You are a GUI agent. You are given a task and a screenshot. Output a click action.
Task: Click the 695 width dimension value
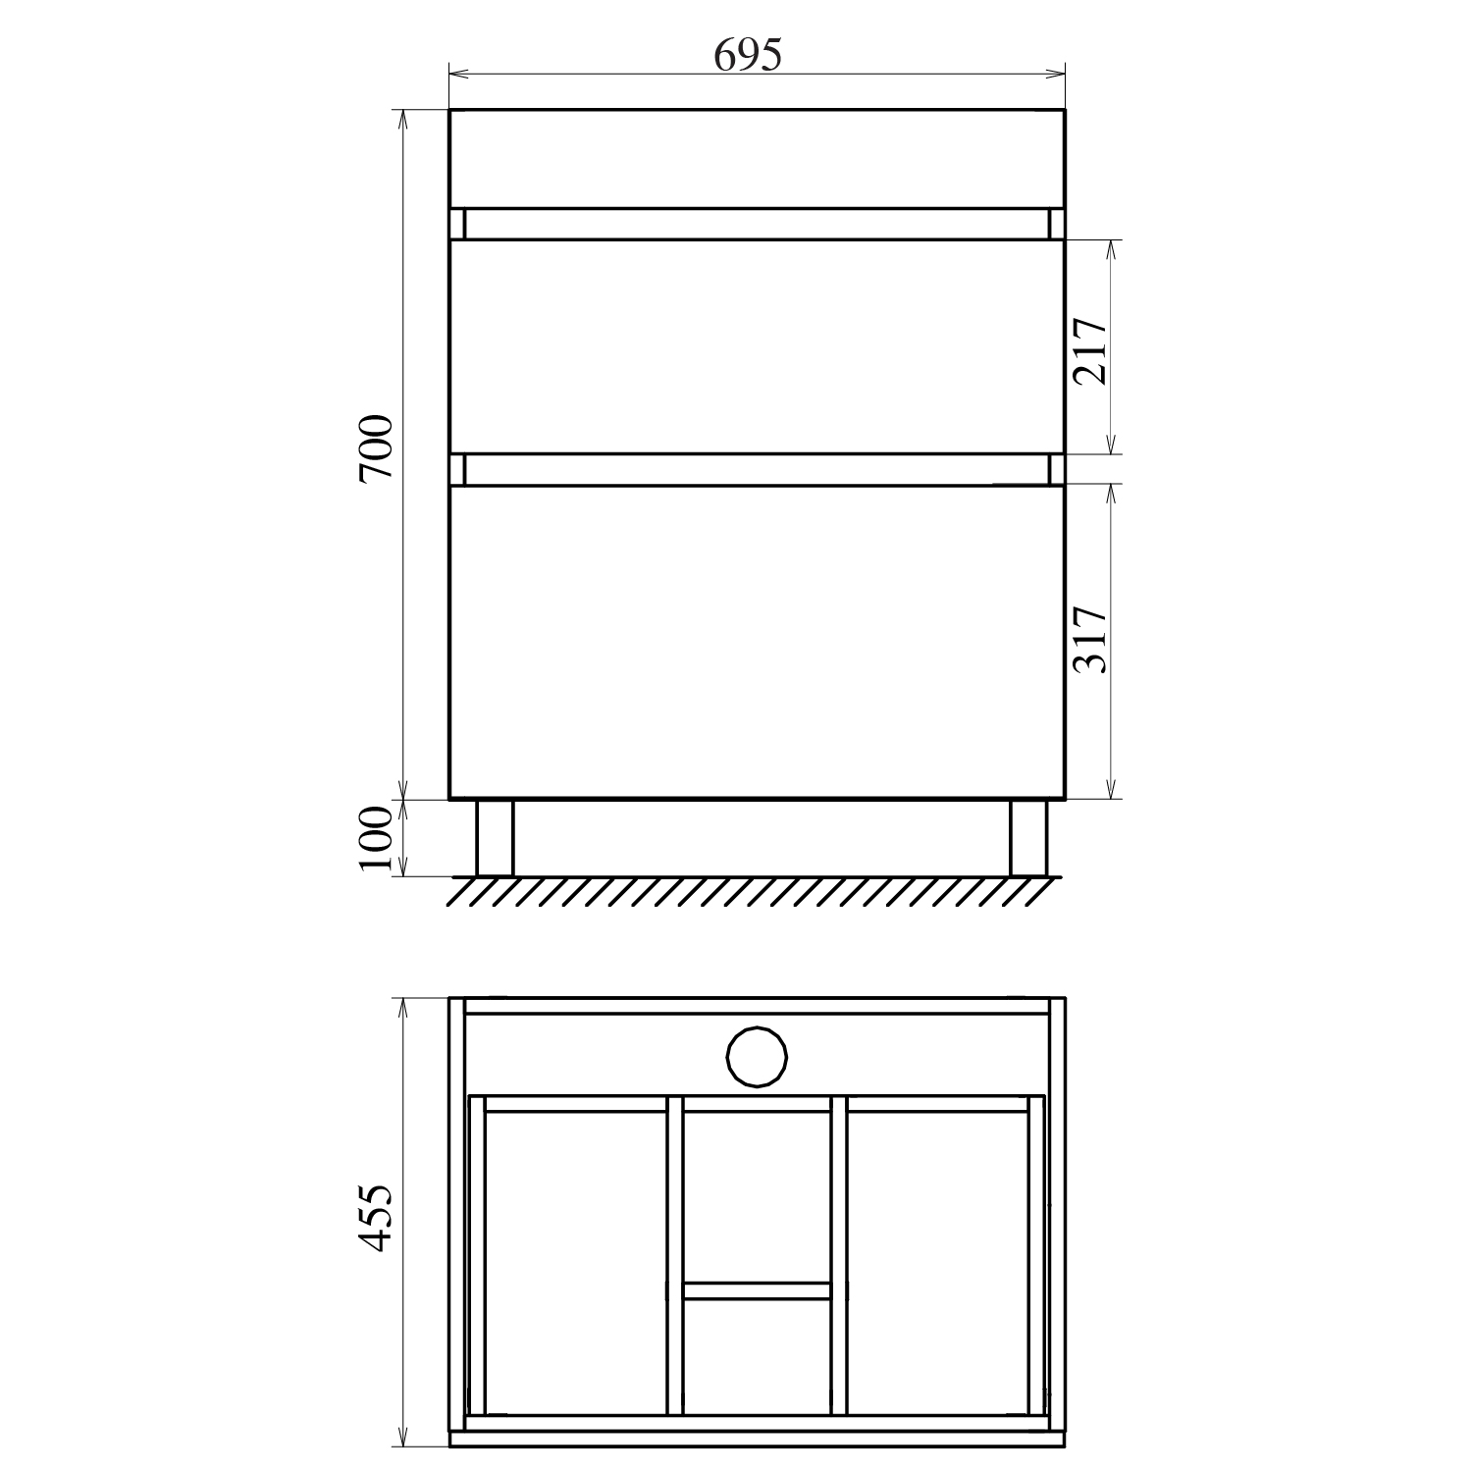point(748,55)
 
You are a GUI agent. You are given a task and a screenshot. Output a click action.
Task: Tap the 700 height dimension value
point(376,447)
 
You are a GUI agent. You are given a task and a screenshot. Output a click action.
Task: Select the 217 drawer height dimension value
point(1090,350)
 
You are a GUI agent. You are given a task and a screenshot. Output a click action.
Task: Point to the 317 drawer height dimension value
point(1090,639)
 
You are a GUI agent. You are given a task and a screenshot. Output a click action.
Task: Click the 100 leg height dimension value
point(376,840)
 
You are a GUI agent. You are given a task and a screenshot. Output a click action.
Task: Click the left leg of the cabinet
point(495,837)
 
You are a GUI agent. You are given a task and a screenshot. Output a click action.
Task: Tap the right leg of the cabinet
point(1028,837)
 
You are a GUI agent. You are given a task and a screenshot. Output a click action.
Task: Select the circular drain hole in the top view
point(757,1057)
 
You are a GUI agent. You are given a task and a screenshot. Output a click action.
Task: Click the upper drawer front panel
point(757,346)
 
